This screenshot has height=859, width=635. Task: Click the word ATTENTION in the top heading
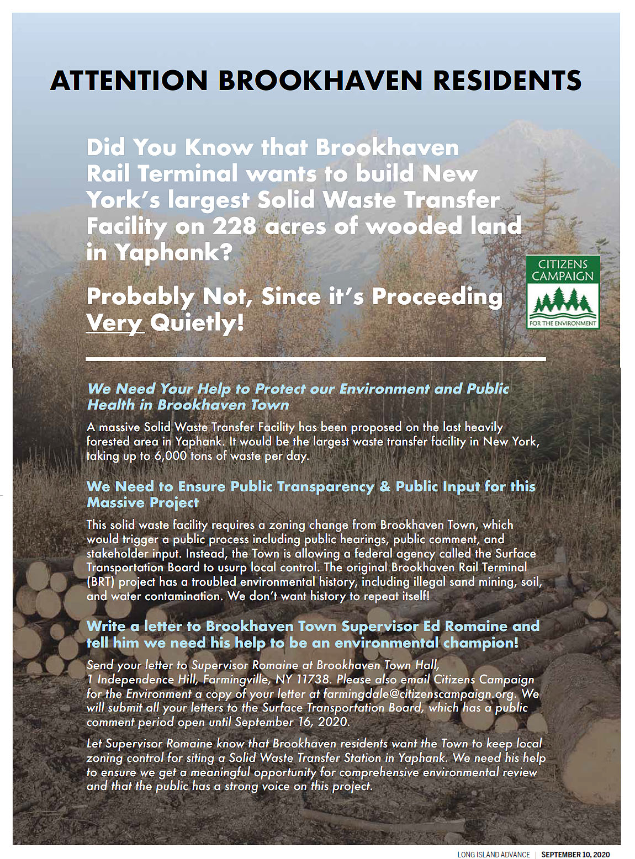pos(129,81)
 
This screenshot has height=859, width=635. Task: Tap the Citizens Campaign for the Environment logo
pos(563,292)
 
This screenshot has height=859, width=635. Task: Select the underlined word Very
pos(115,322)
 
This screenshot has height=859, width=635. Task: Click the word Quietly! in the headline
pos(197,322)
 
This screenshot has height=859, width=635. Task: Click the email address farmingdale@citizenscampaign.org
pos(419,693)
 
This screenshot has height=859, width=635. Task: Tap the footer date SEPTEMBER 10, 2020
pos(575,854)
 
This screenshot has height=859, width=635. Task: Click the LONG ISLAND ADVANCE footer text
pos(493,854)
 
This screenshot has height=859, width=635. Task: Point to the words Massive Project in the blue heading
pos(142,502)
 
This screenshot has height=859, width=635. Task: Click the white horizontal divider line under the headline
pos(316,359)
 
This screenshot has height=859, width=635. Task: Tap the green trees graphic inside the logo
pos(563,304)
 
